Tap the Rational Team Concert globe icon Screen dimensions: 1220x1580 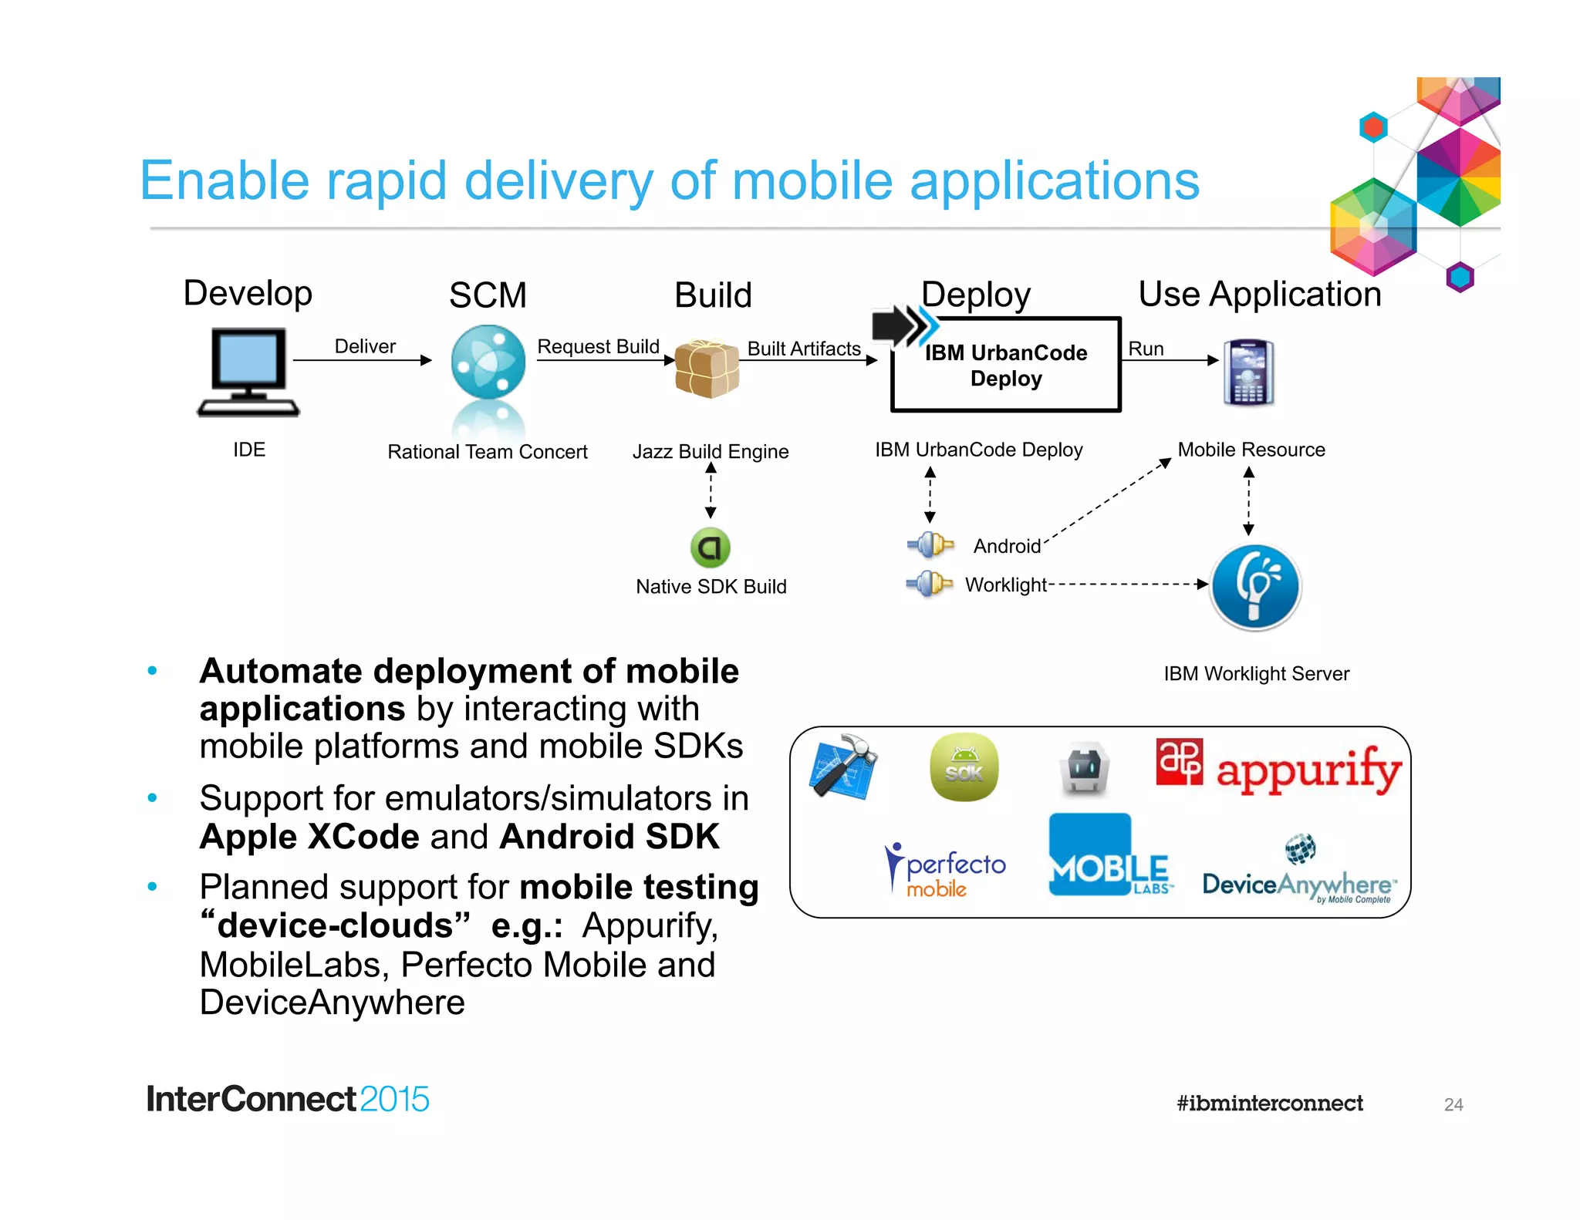tap(488, 362)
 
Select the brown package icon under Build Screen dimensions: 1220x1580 tap(707, 368)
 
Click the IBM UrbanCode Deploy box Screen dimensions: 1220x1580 tap(1005, 365)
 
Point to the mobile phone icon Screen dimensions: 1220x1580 tap(1248, 372)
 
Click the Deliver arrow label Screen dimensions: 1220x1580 tap(364, 346)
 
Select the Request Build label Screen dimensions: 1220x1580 tap(598, 346)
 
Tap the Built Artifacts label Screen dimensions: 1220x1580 tap(803, 349)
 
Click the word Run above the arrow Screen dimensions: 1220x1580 tap(1146, 349)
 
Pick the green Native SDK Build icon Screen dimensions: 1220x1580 tap(710, 548)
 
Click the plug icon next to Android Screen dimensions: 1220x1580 tap(930, 545)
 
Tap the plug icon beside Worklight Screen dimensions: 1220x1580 tap(930, 584)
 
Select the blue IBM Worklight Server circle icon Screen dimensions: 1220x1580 tap(1255, 588)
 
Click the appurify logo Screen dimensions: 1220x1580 tap(1278, 767)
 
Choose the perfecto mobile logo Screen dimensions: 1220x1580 tap(945, 871)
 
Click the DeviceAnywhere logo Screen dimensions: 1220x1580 tap(1299, 873)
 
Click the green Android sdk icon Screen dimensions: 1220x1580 tap(964, 767)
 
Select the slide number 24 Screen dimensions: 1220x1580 tap(1453, 1104)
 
